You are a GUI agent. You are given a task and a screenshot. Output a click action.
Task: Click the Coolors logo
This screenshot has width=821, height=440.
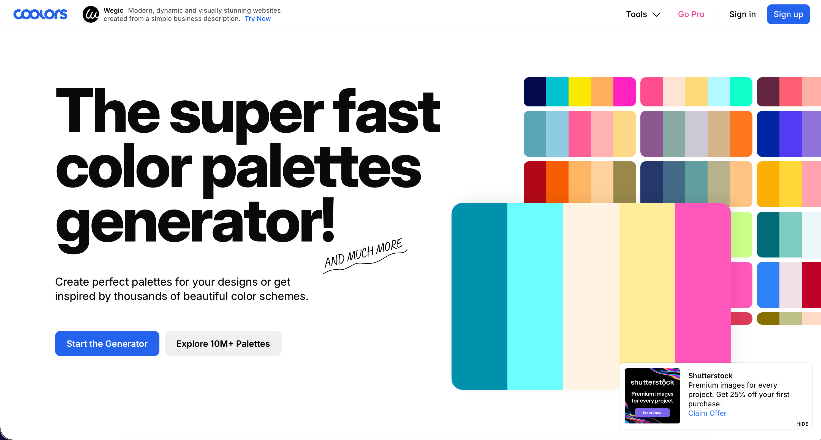coord(40,14)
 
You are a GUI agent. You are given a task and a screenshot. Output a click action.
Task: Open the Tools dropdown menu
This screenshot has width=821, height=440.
coord(643,14)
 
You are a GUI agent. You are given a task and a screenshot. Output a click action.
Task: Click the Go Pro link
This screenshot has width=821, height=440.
coord(691,14)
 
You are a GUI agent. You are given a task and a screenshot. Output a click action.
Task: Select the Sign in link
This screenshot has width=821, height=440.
coord(742,14)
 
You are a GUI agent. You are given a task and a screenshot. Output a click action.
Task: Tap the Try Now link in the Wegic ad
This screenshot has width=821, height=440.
coord(257,19)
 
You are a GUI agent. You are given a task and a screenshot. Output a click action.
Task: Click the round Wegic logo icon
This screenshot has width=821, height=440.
coord(91,14)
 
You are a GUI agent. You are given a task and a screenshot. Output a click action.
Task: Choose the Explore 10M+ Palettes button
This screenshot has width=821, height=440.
coord(223,343)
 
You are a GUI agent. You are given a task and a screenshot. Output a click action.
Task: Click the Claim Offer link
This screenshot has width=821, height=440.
coord(707,413)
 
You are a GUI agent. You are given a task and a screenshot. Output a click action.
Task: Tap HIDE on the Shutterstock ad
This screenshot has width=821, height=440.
coord(802,424)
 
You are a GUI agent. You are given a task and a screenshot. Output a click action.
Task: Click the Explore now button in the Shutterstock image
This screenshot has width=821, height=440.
coord(652,412)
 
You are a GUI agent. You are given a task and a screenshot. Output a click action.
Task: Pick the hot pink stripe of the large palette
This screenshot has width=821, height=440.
coord(703,283)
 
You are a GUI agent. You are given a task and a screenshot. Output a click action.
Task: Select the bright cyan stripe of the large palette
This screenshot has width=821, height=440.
coord(535,296)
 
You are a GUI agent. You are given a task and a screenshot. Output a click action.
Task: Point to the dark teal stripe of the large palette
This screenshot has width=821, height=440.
coord(479,296)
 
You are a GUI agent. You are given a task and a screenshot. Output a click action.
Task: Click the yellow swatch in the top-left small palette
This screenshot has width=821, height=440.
coord(580,92)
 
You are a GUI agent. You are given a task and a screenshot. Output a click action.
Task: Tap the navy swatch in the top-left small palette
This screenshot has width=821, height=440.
coord(535,92)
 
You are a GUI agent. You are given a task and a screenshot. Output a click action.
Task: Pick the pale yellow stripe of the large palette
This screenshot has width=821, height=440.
coord(647,283)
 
